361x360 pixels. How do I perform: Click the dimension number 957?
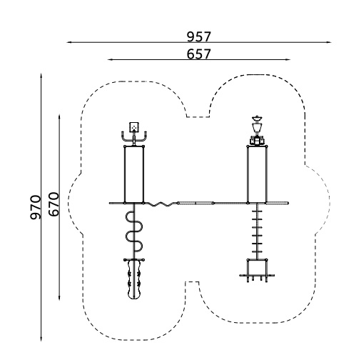[x=199, y=36]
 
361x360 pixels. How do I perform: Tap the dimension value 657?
[x=199, y=54]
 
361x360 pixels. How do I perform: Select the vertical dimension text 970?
[x=36, y=207]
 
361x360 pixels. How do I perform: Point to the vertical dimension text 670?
[x=54, y=204]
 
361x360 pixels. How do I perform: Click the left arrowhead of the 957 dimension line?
[x=69, y=42]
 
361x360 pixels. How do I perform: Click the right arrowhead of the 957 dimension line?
[x=329, y=42]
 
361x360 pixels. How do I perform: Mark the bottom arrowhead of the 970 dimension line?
[x=41, y=338]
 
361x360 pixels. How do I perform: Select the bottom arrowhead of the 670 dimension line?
[x=59, y=297]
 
